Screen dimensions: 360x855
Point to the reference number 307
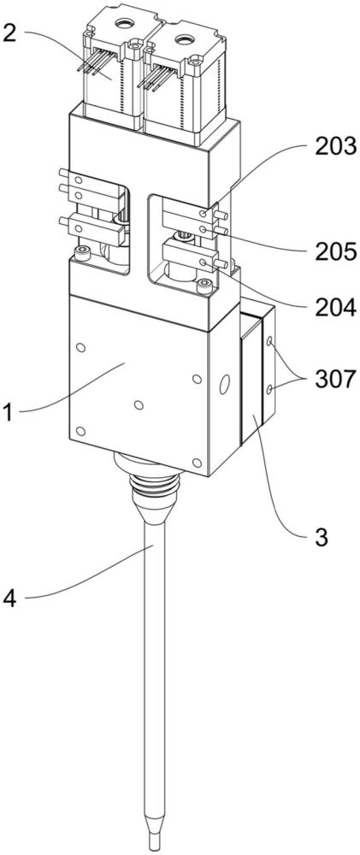(335, 380)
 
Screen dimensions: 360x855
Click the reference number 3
(322, 537)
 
